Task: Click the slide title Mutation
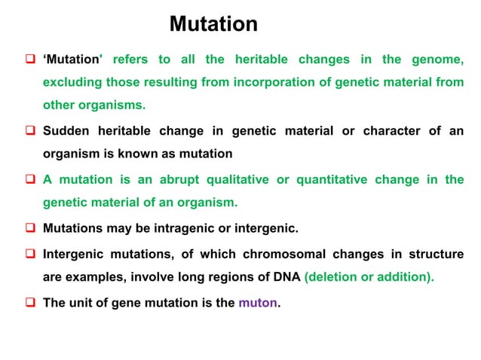pyautogui.click(x=213, y=24)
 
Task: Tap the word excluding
pyautogui.click(x=71, y=82)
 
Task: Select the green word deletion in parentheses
pyautogui.click(x=332, y=276)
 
